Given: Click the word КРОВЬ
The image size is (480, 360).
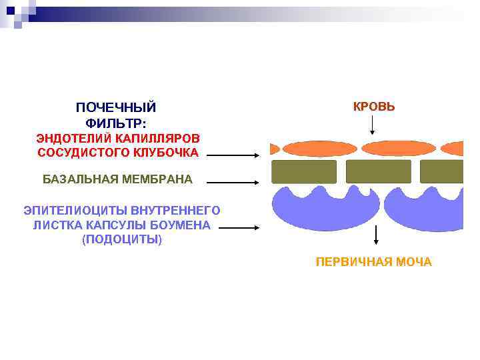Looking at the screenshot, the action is tap(373, 107).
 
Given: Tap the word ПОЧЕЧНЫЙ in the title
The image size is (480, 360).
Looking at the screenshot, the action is tap(116, 108).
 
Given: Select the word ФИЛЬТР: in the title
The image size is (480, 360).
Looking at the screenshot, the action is tap(116, 123).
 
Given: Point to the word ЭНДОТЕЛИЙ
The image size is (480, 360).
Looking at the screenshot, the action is tap(73, 138).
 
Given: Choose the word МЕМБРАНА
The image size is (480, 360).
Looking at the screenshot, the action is tap(157, 179).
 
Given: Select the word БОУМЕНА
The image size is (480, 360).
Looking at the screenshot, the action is tap(183, 225).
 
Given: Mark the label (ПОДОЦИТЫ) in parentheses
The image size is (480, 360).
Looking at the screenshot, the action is tap(121, 239).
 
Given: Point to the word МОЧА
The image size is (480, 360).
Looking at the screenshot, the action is tap(414, 262).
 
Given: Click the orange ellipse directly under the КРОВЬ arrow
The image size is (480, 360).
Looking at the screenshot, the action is tap(379, 148).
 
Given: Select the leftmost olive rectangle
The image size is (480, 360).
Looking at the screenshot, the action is tap(304, 171).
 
